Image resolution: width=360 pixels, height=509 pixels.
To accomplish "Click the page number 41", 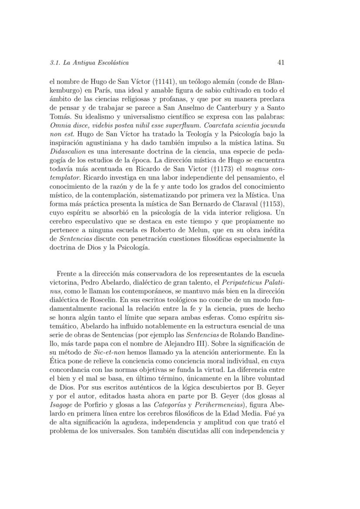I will coord(280,63).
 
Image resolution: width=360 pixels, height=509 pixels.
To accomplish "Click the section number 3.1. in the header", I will coord(57,63).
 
